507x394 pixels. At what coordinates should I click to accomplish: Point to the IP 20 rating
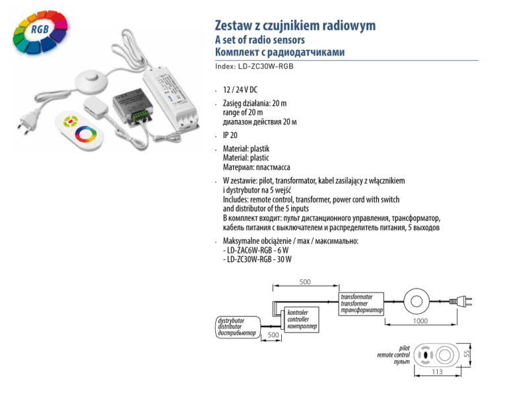230,133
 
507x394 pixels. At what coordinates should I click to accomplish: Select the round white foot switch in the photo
88,81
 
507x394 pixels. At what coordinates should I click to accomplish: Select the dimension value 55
466,354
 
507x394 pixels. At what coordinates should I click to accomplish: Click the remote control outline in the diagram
437,354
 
